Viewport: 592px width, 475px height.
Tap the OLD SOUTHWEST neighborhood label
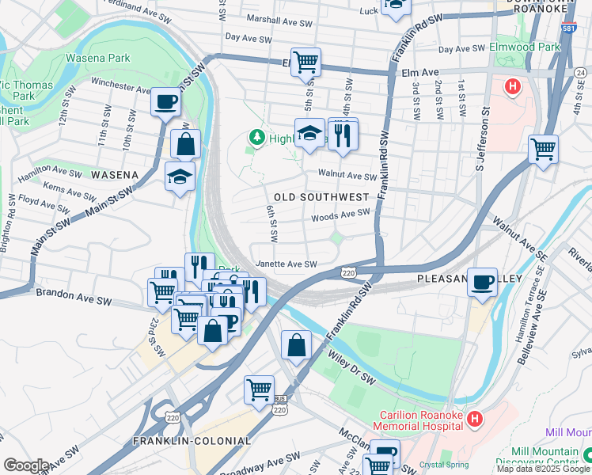click(321, 196)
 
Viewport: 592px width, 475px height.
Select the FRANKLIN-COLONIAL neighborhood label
click(192, 441)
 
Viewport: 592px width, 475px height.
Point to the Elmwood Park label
click(524, 47)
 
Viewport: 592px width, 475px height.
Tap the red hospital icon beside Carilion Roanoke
click(475, 419)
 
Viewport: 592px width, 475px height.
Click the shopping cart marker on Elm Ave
click(305, 62)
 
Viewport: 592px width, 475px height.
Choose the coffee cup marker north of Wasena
click(165, 101)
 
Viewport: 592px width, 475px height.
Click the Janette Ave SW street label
click(286, 264)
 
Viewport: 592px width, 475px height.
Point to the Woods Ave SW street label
click(340, 214)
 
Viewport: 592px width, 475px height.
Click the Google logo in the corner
click(26, 465)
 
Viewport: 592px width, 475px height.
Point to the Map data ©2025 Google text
click(543, 469)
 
